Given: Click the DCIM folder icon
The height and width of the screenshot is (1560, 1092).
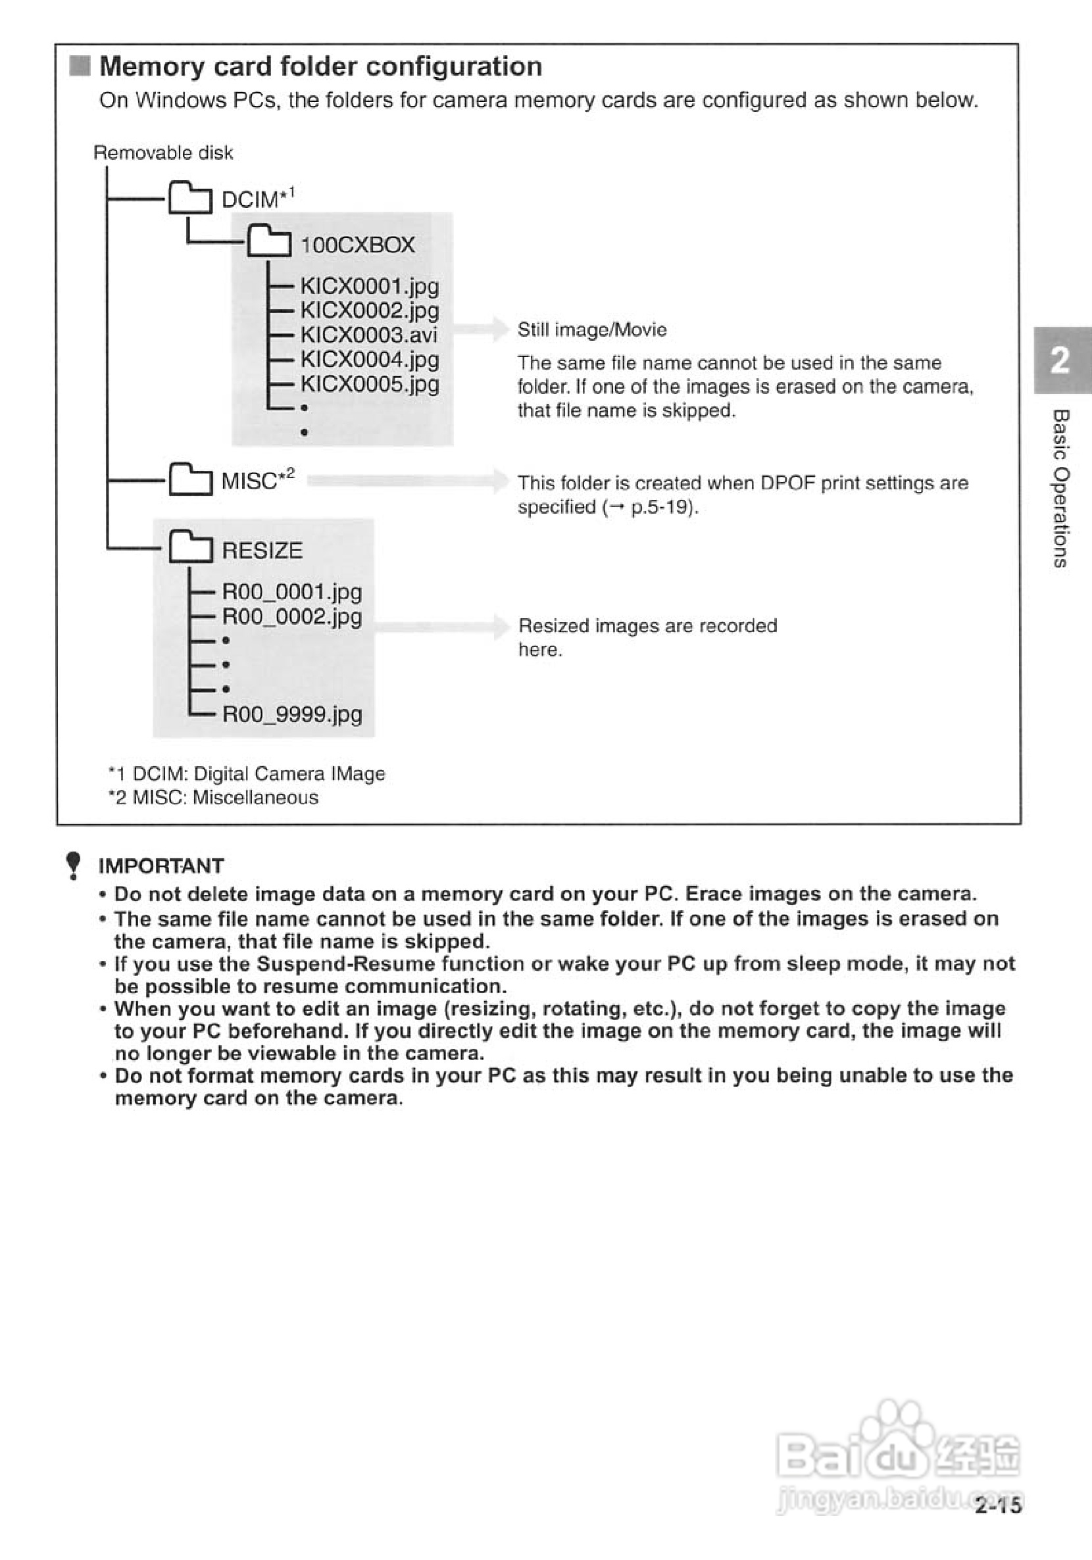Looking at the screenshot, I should pyautogui.click(x=189, y=198).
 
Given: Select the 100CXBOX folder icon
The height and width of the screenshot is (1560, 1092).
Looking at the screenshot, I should pyautogui.click(x=268, y=243).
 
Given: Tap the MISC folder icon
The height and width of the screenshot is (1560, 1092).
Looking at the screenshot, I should pyautogui.click(x=189, y=479).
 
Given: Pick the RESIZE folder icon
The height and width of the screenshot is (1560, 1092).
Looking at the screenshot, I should pyautogui.click(x=190, y=548).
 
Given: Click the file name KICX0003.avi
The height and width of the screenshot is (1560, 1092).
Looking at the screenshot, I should pyautogui.click(x=369, y=335).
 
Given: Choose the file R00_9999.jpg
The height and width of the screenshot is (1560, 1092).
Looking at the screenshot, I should pyautogui.click(x=292, y=714).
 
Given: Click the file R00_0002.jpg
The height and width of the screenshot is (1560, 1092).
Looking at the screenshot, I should pyautogui.click(x=292, y=617).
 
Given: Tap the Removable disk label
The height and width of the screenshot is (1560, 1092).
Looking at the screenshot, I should pyautogui.click(x=163, y=153).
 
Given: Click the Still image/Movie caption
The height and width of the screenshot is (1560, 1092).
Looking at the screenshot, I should pyautogui.click(x=592, y=329).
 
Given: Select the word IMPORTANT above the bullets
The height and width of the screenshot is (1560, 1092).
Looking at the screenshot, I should pyautogui.click(x=161, y=866).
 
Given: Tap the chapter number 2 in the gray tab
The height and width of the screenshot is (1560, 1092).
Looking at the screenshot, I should pyautogui.click(x=1060, y=361).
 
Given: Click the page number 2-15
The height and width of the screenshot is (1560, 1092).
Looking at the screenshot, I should pyautogui.click(x=997, y=1505).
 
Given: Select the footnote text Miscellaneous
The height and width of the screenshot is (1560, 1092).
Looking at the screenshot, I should pyautogui.click(x=255, y=798).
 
